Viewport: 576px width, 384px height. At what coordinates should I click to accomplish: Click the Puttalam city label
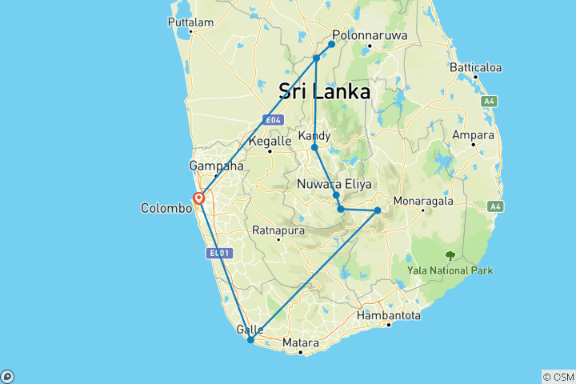point(190,22)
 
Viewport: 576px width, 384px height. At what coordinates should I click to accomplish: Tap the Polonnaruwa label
point(370,36)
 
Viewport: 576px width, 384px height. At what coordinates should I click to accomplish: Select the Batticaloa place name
point(475,67)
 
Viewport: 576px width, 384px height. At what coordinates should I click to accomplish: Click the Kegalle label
point(270,141)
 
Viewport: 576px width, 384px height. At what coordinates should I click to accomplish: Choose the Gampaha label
point(216,166)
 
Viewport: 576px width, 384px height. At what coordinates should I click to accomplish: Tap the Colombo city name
point(166,208)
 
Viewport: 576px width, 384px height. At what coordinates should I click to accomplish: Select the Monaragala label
point(422,201)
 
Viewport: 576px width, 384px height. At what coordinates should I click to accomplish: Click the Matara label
point(301,343)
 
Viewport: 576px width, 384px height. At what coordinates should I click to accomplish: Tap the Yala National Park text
point(450,270)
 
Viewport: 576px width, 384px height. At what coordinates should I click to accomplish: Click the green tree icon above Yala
point(450,256)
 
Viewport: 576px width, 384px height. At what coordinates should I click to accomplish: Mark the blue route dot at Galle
point(250,340)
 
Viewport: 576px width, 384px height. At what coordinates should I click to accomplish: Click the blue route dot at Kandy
point(314,147)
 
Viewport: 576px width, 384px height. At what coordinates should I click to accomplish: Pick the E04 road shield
point(274,120)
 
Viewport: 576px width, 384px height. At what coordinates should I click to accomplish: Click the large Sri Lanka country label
point(324,91)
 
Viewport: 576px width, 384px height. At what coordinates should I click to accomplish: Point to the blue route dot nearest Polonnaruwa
point(331,44)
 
